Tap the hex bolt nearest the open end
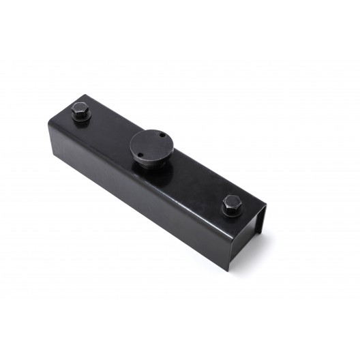click(231, 203)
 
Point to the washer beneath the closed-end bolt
click(81, 119)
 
